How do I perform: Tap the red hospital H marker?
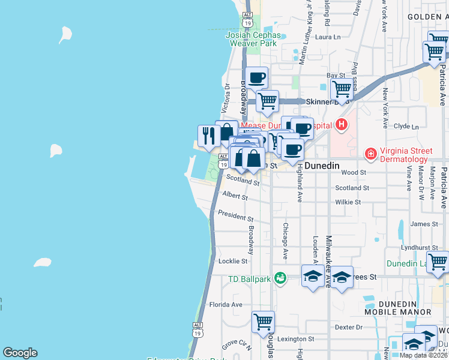[342, 125]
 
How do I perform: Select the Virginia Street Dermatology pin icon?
[371, 155]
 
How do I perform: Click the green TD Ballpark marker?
[280, 278]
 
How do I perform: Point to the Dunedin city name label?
[322, 165]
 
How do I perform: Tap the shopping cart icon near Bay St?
[342, 89]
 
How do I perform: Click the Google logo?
[20, 353]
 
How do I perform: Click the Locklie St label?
[233, 261]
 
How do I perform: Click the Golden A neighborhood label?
[427, 16]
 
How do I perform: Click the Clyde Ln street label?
[406, 127]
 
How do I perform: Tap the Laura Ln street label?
[328, 37]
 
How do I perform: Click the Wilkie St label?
[348, 202]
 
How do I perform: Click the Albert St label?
[235, 196]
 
